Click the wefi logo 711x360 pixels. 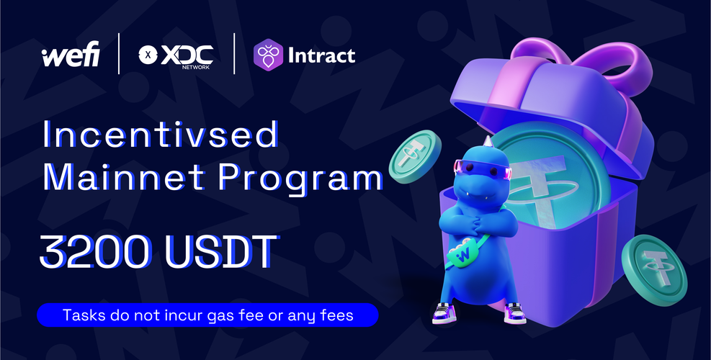coord(71,55)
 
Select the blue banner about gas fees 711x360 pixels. coord(207,315)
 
